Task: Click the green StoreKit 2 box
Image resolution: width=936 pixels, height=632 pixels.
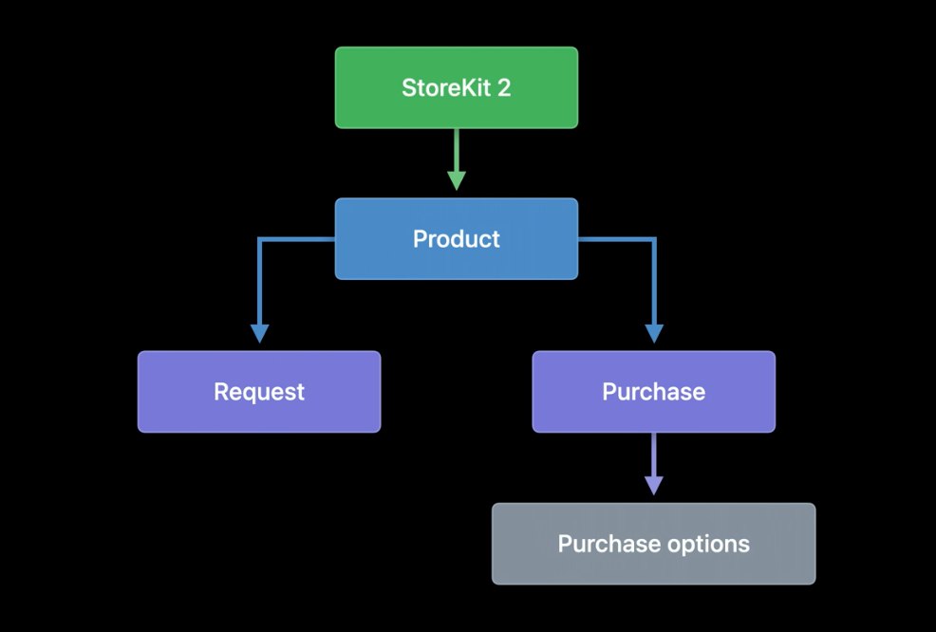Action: click(456, 87)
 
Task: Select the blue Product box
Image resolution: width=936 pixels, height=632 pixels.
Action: click(456, 239)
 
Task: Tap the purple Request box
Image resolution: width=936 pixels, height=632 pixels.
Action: click(259, 392)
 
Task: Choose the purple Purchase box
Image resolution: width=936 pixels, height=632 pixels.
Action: click(653, 392)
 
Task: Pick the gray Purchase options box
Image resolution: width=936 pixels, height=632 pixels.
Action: click(653, 544)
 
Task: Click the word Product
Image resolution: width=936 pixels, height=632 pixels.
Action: click(456, 239)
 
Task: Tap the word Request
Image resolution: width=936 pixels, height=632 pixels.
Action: click(259, 392)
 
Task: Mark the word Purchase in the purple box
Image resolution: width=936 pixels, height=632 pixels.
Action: click(653, 392)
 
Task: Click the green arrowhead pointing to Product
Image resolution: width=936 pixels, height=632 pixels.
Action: click(457, 180)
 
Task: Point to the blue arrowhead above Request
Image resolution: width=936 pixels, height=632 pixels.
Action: click(259, 333)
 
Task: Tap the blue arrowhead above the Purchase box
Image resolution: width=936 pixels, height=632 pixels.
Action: click(654, 333)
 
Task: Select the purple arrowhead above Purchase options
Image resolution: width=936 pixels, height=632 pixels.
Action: click(654, 485)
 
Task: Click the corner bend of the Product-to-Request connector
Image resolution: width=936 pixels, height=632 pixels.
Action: click(260, 241)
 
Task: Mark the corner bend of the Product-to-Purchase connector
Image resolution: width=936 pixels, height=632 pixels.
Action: click(654, 241)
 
